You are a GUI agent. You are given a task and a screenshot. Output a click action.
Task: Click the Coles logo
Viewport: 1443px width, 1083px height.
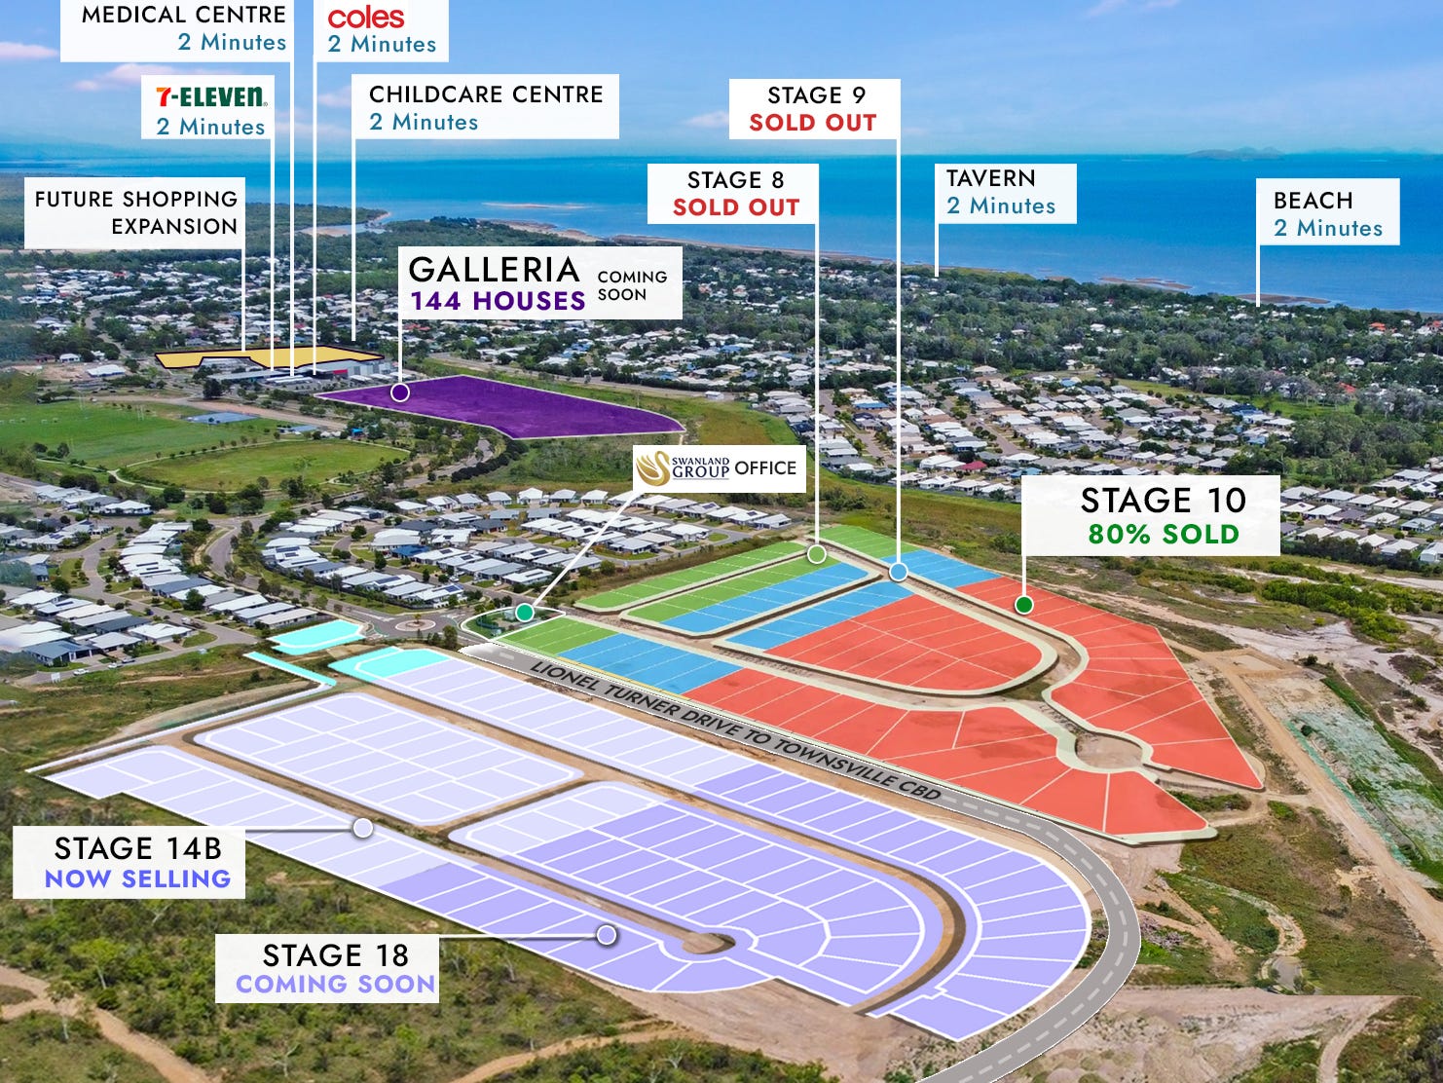pos(365,18)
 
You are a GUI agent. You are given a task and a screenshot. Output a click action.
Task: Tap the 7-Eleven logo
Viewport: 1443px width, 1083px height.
pos(210,96)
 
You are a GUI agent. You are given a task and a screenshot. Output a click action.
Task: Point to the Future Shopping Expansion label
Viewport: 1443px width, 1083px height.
pos(135,212)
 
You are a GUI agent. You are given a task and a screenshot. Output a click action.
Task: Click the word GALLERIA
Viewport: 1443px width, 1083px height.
pos(494,269)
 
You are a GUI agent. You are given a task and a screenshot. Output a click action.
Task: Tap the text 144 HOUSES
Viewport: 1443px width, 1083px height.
pos(498,301)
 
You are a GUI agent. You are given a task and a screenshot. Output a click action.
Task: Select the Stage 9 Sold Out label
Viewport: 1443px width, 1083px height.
pos(814,108)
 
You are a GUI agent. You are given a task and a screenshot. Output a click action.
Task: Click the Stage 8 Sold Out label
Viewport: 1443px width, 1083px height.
pos(735,193)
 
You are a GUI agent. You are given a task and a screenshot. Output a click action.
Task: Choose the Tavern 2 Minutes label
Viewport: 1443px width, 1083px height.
pos(1001,192)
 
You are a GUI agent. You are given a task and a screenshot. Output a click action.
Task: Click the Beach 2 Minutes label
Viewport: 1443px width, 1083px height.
pos(1327,213)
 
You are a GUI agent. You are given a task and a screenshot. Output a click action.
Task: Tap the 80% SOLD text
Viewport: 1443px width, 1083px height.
pos(1163,534)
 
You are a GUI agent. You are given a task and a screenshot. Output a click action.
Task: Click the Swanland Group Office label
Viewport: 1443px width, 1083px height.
pos(719,468)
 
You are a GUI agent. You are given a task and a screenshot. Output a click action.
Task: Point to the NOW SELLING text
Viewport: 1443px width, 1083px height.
pos(137,878)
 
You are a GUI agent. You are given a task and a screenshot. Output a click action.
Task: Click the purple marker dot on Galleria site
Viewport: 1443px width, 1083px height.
pos(399,392)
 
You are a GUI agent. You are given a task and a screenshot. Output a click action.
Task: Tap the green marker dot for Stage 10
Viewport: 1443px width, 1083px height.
pos(1023,605)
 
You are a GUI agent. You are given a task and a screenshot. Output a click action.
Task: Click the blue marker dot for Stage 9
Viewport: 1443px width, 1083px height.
pos(899,572)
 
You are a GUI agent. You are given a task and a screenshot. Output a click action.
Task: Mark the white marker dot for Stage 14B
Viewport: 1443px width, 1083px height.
pos(362,828)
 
